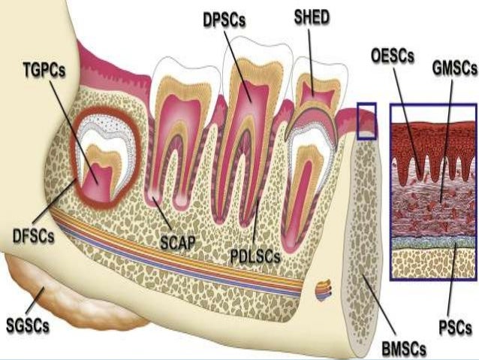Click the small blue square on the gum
(x=366, y=121)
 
